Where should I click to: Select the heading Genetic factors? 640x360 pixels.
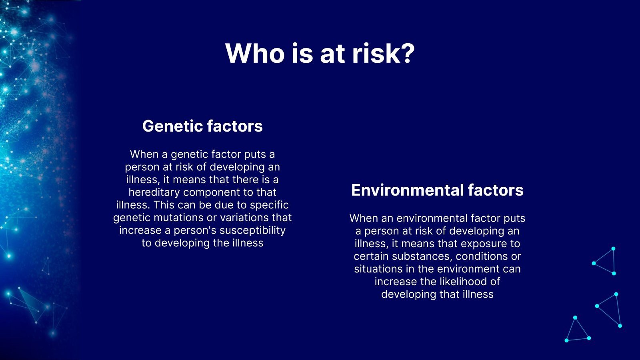(x=202, y=126)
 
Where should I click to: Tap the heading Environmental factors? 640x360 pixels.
(x=437, y=190)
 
